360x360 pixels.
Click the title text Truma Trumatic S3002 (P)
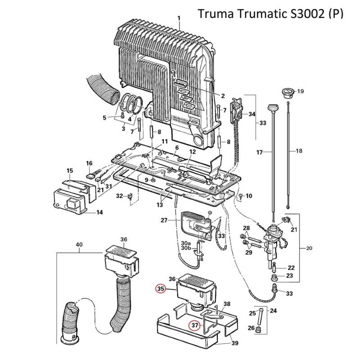click(x=270, y=14)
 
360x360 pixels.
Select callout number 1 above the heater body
click(x=179, y=18)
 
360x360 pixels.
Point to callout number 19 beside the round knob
click(x=301, y=91)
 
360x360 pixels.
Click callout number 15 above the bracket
click(x=70, y=171)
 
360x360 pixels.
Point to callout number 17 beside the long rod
click(x=259, y=153)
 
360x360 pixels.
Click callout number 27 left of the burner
click(x=164, y=220)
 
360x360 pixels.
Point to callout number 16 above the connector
click(x=89, y=163)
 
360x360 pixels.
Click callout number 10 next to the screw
click(x=249, y=196)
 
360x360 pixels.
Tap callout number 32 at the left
click(x=119, y=196)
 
